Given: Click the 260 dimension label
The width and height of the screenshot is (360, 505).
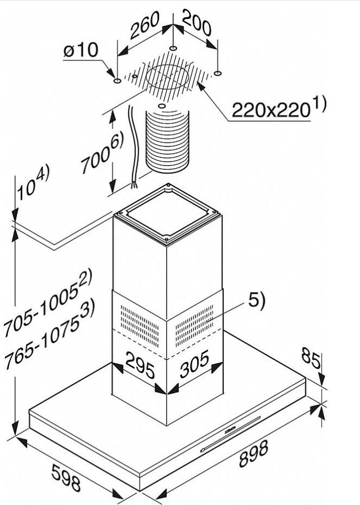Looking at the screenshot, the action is tap(145, 25).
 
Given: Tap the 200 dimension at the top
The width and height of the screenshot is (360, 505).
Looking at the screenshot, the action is tap(197, 22).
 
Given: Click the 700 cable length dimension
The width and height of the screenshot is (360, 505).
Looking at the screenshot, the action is tap(102, 155).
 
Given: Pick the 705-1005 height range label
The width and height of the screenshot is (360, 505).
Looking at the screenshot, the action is tap(48, 302).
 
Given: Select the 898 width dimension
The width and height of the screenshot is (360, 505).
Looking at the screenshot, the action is tap(253, 453).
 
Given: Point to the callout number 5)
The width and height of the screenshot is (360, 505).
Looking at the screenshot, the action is tap(256, 301).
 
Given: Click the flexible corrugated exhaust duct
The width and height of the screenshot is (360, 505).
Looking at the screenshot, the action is tap(167, 141).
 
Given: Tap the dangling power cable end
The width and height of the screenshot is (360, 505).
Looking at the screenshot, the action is tap(134, 185).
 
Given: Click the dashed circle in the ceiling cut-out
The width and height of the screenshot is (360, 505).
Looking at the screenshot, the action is tap(167, 77).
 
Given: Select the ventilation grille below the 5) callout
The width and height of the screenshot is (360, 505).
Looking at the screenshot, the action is tap(194, 325).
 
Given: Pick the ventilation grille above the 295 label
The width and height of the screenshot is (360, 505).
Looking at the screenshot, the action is tap(139, 325).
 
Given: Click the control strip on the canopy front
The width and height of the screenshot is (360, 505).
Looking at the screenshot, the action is tap(230, 434).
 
